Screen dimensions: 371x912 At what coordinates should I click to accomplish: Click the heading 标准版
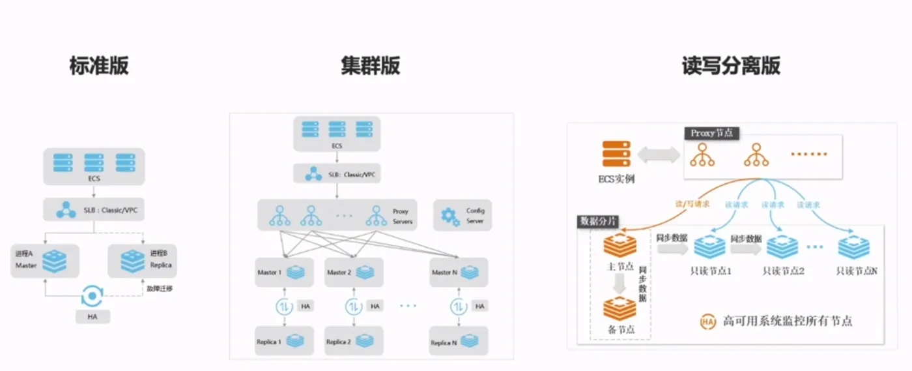point(99,66)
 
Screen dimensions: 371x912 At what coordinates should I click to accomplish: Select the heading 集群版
point(370,66)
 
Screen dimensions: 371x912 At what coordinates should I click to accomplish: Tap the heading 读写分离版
point(731,66)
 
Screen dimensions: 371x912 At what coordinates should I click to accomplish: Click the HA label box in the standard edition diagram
point(92,316)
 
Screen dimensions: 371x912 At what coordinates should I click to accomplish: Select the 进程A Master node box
point(45,261)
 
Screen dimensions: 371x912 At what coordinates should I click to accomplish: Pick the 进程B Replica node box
point(142,261)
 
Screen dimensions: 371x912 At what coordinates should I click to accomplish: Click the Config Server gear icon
point(450,216)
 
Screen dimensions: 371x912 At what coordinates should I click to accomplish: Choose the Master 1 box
point(285,272)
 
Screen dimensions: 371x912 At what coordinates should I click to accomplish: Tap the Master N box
point(459,272)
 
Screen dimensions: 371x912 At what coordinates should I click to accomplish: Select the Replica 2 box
point(354,341)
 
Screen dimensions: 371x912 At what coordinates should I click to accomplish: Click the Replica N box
point(459,341)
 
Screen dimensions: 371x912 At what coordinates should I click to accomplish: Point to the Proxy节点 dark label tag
point(712,133)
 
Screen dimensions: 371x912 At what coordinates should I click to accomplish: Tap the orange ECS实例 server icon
point(616,155)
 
